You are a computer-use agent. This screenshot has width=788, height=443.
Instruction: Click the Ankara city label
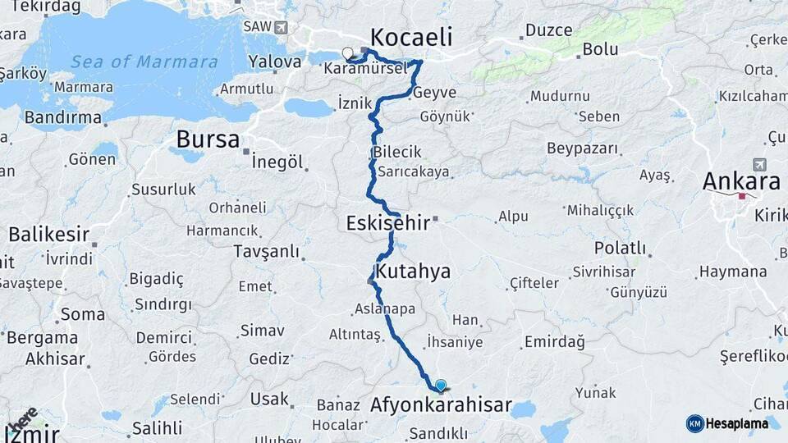[x=741, y=181]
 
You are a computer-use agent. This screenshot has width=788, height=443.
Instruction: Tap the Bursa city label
[x=208, y=139]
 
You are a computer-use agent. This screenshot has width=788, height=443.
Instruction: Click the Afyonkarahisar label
[x=441, y=405]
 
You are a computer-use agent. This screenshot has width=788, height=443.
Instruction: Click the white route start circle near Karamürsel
[x=347, y=54]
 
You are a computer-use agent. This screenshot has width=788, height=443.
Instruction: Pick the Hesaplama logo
[x=727, y=423]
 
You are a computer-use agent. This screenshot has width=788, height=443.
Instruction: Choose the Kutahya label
[x=413, y=271]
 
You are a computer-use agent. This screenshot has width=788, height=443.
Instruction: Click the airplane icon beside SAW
[x=282, y=27]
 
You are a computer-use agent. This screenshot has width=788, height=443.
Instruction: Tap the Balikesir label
[x=48, y=235]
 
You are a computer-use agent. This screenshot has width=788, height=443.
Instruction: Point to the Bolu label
[x=600, y=49]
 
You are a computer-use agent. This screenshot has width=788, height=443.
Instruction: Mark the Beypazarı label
[x=582, y=148]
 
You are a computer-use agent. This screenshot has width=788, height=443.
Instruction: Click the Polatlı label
[x=620, y=248]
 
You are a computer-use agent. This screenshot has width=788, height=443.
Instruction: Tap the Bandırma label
[x=62, y=118]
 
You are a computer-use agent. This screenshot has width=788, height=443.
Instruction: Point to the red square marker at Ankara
[x=742, y=196]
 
